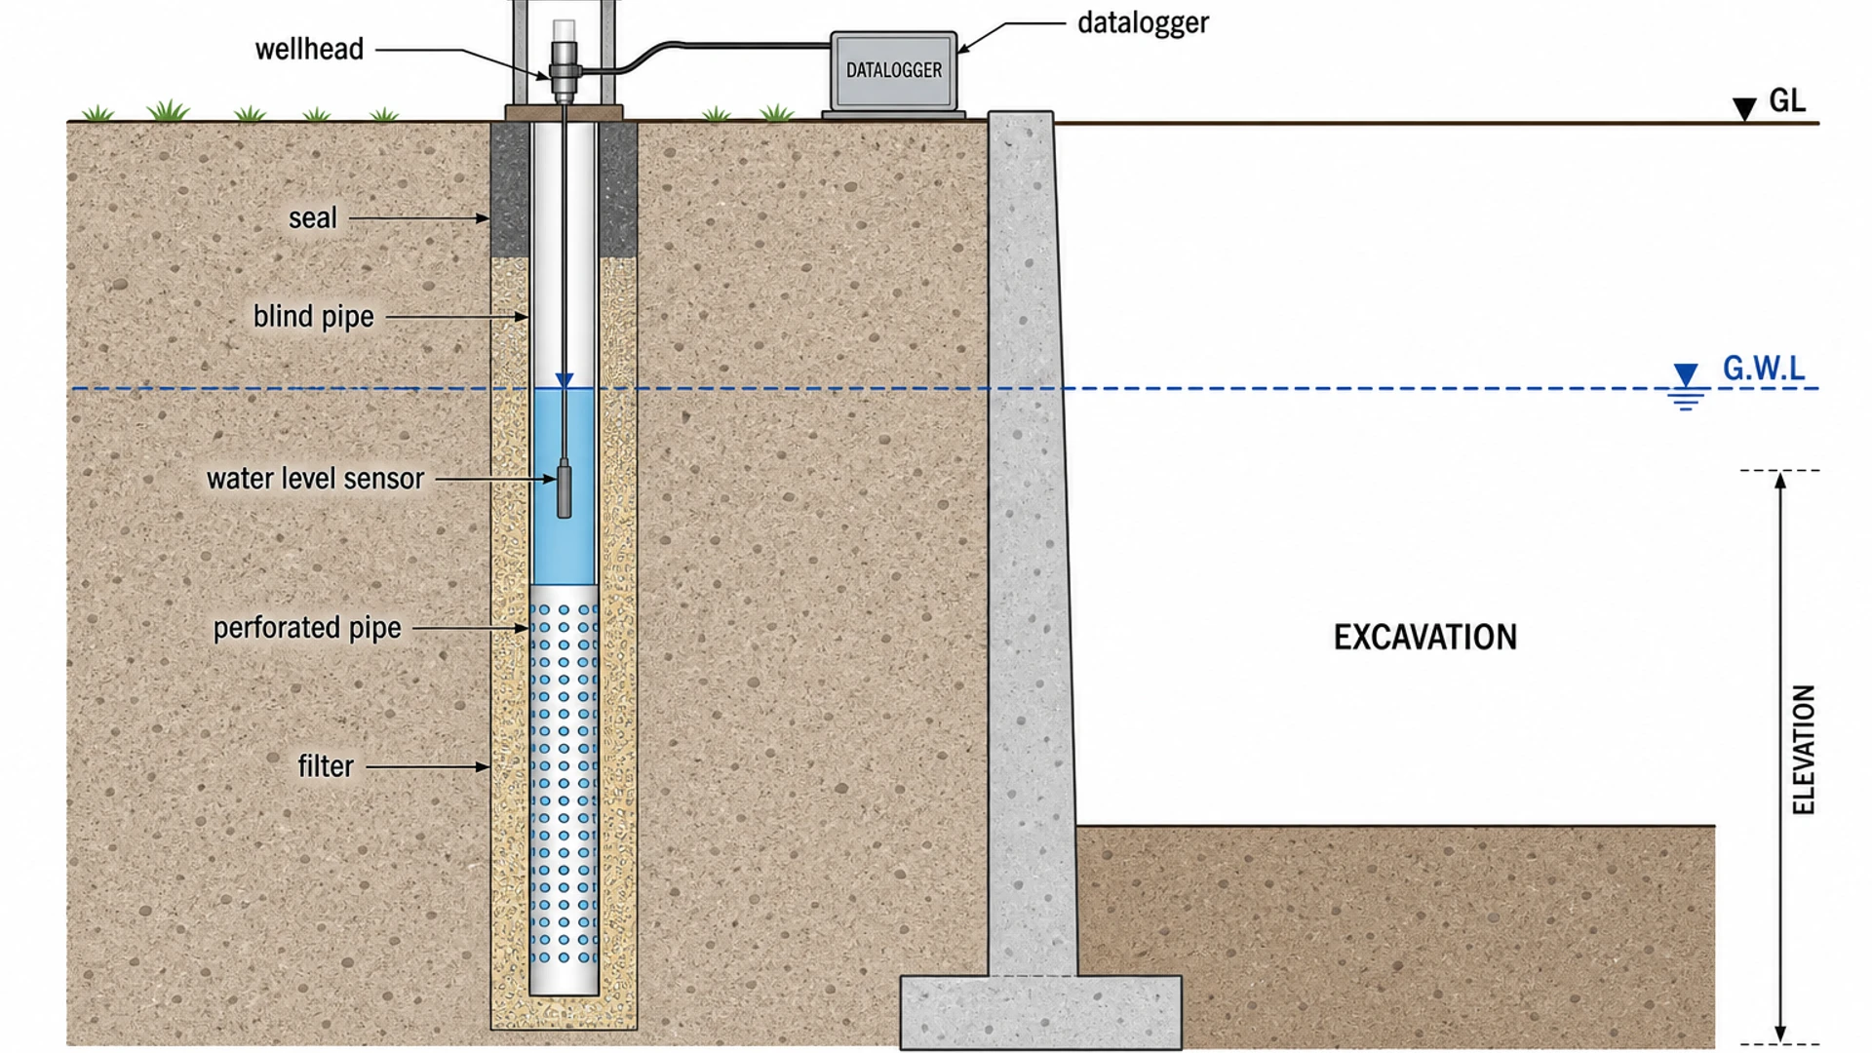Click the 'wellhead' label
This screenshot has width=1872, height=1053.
pyautogui.click(x=309, y=49)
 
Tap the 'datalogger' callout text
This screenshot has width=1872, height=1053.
pyautogui.click(x=1143, y=22)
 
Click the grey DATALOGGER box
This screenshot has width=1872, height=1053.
pyautogui.click(x=894, y=71)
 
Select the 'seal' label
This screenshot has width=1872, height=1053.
pyautogui.click(x=313, y=217)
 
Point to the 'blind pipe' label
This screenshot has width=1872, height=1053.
pyautogui.click(x=314, y=317)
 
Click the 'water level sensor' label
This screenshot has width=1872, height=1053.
pyautogui.click(x=316, y=479)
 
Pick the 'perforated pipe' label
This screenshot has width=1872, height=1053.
pyautogui.click(x=307, y=628)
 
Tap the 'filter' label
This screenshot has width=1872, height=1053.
pyautogui.click(x=326, y=766)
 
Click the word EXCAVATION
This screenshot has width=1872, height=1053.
pyautogui.click(x=1425, y=638)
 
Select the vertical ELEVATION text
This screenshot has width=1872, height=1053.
pyautogui.click(x=1804, y=750)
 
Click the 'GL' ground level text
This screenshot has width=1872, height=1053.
pyautogui.click(x=1787, y=100)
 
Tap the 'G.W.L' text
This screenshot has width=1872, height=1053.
pyautogui.click(x=1764, y=369)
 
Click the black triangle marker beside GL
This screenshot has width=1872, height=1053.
pyautogui.click(x=1744, y=108)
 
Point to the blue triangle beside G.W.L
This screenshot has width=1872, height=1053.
pyautogui.click(x=1686, y=375)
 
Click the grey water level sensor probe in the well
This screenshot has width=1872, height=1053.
pyautogui.click(x=564, y=488)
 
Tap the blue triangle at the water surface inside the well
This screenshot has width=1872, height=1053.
pyautogui.click(x=565, y=380)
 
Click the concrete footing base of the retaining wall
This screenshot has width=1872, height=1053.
pyautogui.click(x=1040, y=1012)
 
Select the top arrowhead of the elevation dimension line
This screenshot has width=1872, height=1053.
pyautogui.click(x=1780, y=481)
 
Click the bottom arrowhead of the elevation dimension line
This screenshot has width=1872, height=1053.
pyautogui.click(x=1780, y=1033)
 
